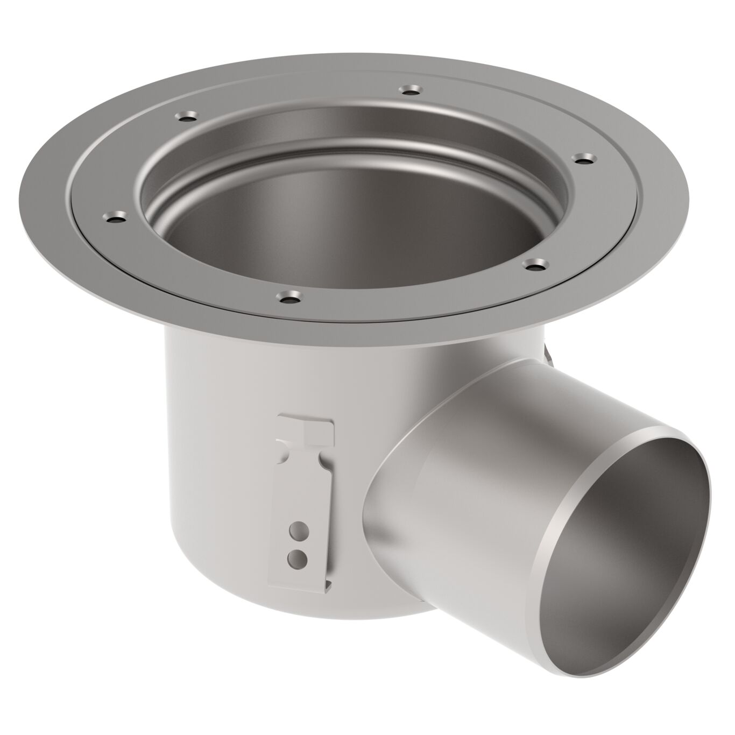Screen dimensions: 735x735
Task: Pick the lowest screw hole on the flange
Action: [x=291, y=296]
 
